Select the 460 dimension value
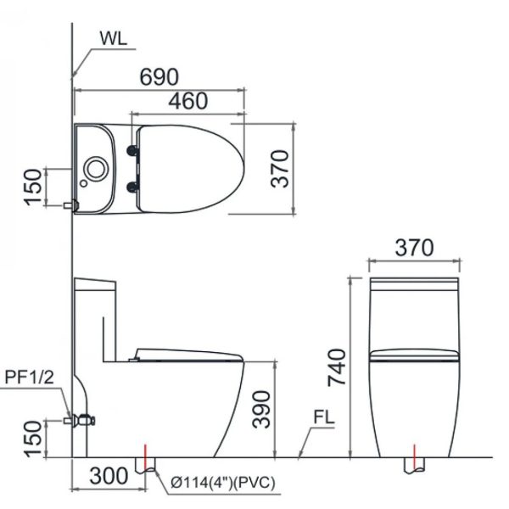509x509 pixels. pyautogui.click(x=187, y=101)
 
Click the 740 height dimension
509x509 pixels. pyautogui.click(x=337, y=367)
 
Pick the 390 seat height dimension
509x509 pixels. pyautogui.click(x=262, y=408)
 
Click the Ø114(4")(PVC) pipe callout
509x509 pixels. pyautogui.click(x=223, y=483)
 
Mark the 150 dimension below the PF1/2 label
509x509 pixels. pyautogui.click(x=32, y=439)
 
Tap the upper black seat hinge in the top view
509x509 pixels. pyautogui.click(x=131, y=150)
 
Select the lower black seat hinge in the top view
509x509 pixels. pyautogui.click(x=131, y=187)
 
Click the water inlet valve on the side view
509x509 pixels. pyautogui.click(x=82, y=419)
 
